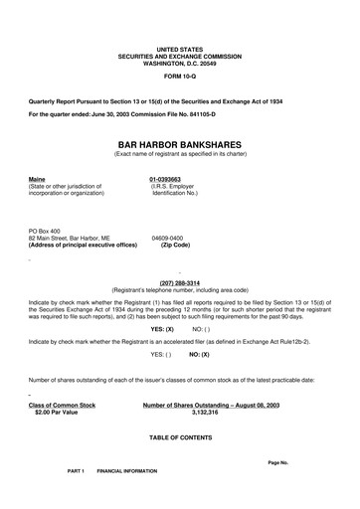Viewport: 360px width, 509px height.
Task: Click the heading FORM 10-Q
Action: (x=179, y=74)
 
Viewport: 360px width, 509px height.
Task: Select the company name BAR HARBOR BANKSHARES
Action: (x=179, y=144)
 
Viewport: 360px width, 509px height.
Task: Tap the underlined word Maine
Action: (x=38, y=178)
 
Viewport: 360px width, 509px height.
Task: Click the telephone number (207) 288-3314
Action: (x=179, y=281)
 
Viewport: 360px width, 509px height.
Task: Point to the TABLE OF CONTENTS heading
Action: (x=179, y=437)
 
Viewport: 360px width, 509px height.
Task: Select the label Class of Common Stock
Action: (x=63, y=406)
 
